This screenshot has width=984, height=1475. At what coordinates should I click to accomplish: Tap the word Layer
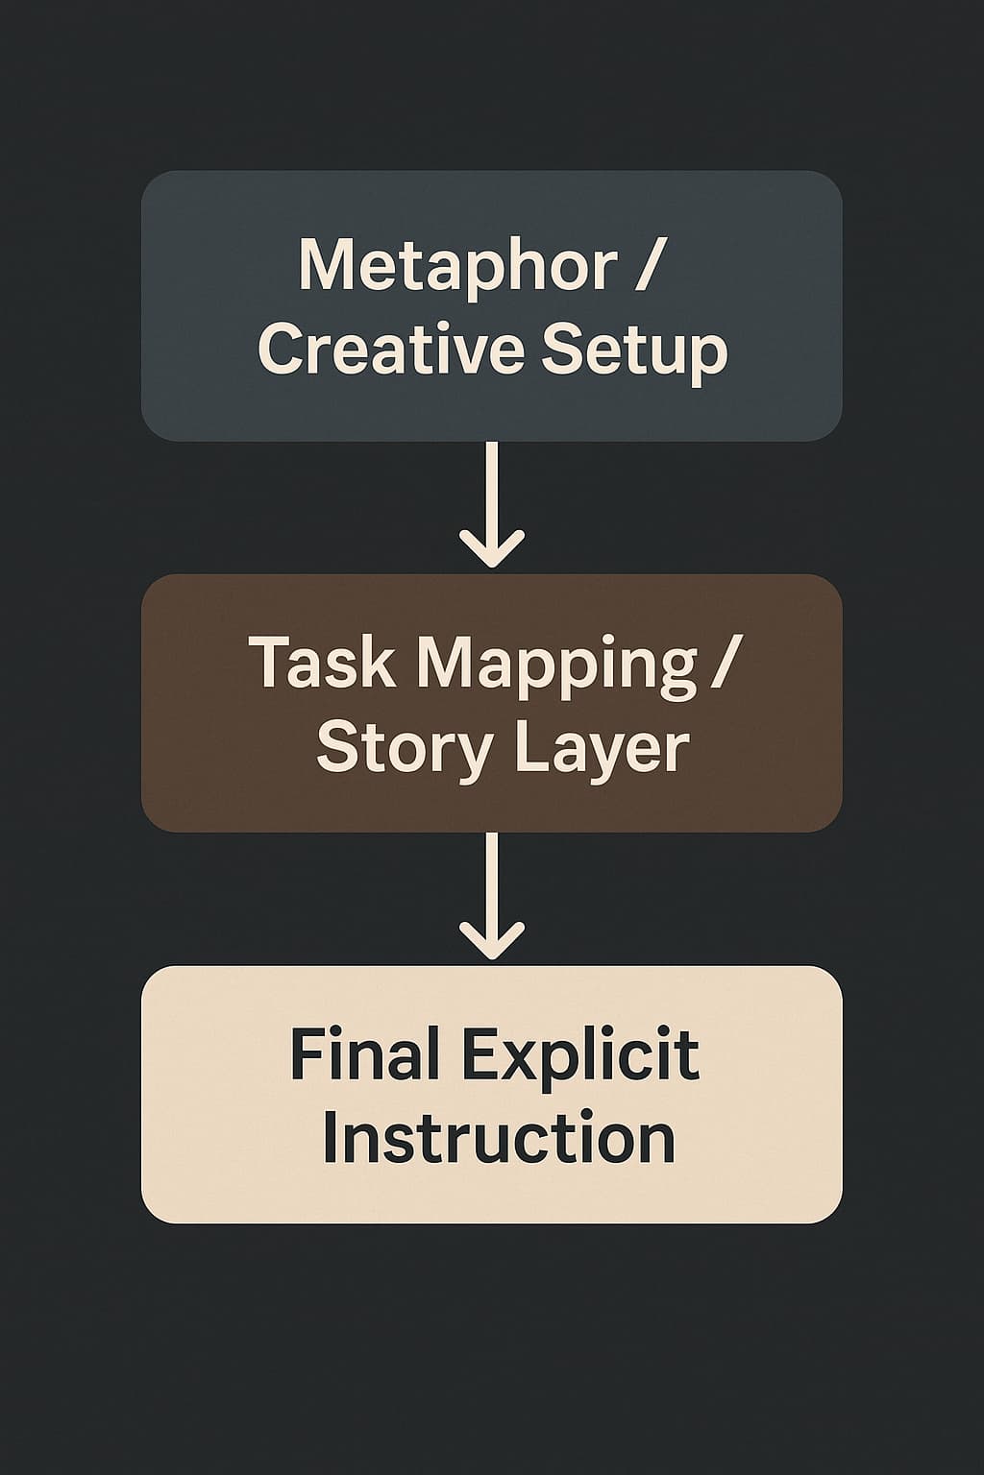coord(606,747)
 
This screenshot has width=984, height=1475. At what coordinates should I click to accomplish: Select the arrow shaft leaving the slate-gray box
coord(492,490)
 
